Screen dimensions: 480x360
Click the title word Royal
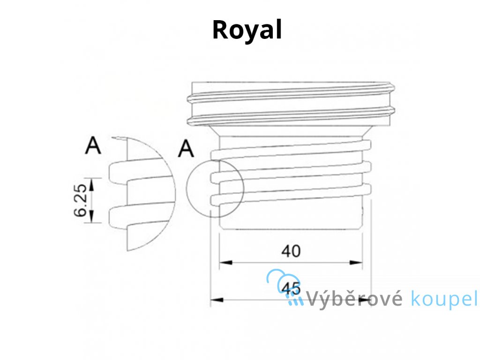(247, 30)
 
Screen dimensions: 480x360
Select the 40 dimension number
(291, 252)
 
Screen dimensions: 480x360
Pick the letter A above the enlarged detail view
(93, 146)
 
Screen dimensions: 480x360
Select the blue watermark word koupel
(443, 300)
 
